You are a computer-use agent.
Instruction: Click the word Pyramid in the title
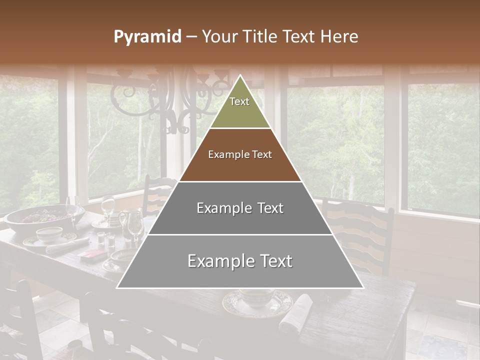pyautogui.click(x=147, y=37)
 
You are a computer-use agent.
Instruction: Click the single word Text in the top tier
pyautogui.click(x=239, y=101)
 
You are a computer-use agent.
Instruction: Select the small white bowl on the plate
pyautogui.click(x=49, y=233)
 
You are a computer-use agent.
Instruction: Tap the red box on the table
pyautogui.click(x=90, y=256)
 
